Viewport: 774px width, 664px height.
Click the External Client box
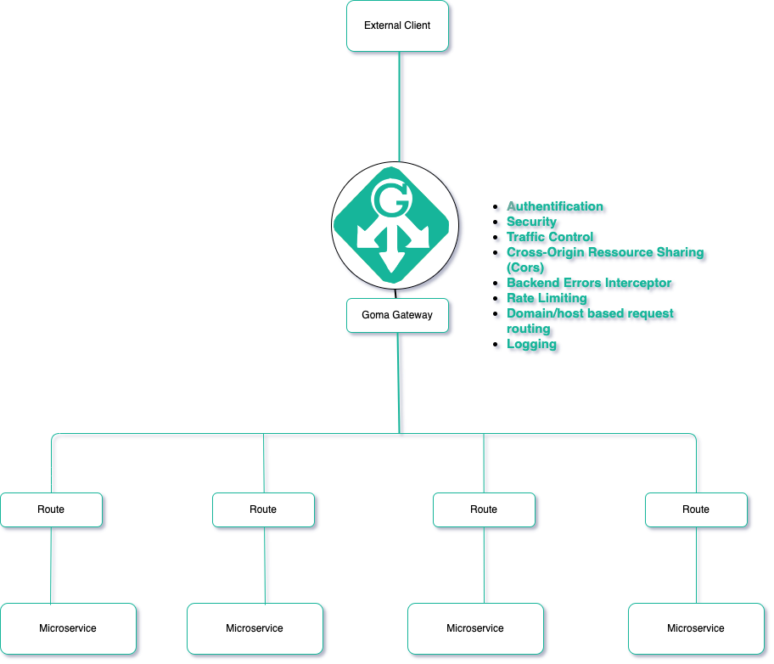[397, 25]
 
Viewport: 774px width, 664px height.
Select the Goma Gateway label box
[397, 315]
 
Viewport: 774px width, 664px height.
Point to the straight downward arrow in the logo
[392, 253]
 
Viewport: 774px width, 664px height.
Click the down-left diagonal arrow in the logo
[368, 236]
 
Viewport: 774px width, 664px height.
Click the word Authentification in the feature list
[555, 206]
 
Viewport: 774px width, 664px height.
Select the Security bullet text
[531, 222]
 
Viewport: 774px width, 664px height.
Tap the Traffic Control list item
[550, 237]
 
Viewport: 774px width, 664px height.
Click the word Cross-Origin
[546, 252]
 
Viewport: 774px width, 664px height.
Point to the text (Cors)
[525, 267]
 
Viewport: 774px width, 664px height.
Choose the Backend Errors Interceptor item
[589, 283]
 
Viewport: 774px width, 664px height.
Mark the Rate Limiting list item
[547, 298]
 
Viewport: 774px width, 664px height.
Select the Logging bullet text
[531, 344]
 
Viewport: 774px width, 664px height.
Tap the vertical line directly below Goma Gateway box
[398, 382]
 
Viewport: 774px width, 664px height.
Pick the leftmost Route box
[51, 509]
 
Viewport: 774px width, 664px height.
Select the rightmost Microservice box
[696, 628]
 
